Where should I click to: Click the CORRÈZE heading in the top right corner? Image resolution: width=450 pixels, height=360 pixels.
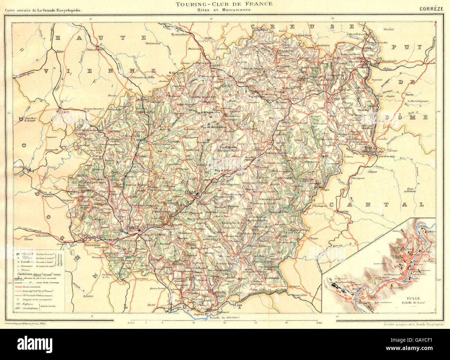pyautogui.click(x=431, y=9)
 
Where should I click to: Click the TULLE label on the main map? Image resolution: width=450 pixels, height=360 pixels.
pyautogui.click(x=190, y=191)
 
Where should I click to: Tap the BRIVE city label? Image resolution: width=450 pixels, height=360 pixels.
pyautogui.click(x=133, y=227)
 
